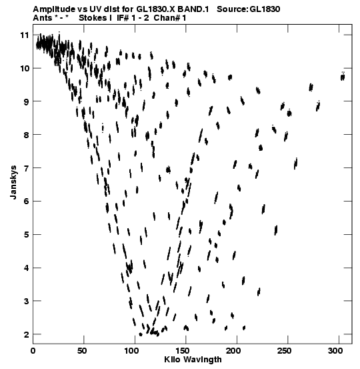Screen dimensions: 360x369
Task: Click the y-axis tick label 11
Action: click(x=25, y=35)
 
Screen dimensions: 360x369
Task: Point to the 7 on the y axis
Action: click(x=26, y=168)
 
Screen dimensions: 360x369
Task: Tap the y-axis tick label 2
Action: click(x=26, y=334)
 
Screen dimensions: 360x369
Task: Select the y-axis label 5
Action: click(x=26, y=235)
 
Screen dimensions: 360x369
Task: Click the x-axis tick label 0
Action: click(x=33, y=351)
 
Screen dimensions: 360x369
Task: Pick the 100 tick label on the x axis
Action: click(x=131, y=351)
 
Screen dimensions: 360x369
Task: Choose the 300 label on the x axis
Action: click(x=335, y=351)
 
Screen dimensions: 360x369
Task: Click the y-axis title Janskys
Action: click(x=13, y=182)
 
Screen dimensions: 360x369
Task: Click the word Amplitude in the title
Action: click(x=54, y=9)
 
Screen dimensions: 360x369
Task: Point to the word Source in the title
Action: click(x=232, y=9)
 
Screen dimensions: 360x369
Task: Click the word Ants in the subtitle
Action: click(x=43, y=18)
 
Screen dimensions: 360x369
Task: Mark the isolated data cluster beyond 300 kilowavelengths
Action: click(x=343, y=77)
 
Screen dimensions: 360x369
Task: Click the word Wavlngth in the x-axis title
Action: click(x=202, y=360)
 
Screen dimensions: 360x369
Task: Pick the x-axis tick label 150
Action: click(x=183, y=351)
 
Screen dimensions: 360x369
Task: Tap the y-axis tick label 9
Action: click(x=26, y=101)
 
